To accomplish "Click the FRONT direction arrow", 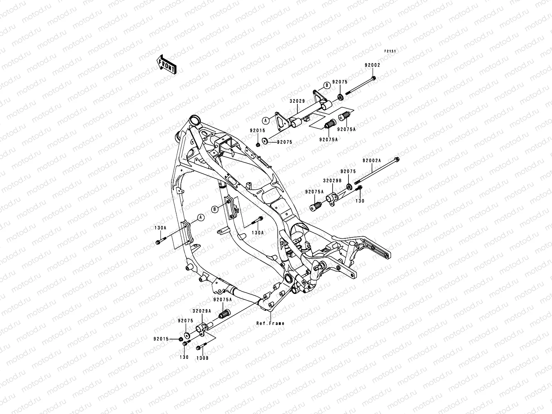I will click(x=171, y=65).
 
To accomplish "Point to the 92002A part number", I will click(x=372, y=160).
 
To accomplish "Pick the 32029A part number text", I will click(x=201, y=311).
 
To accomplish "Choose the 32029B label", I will click(x=332, y=180).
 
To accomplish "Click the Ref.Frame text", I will click(x=270, y=323).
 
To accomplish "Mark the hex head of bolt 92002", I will click(x=374, y=78).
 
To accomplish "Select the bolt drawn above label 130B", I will click(x=200, y=348).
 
